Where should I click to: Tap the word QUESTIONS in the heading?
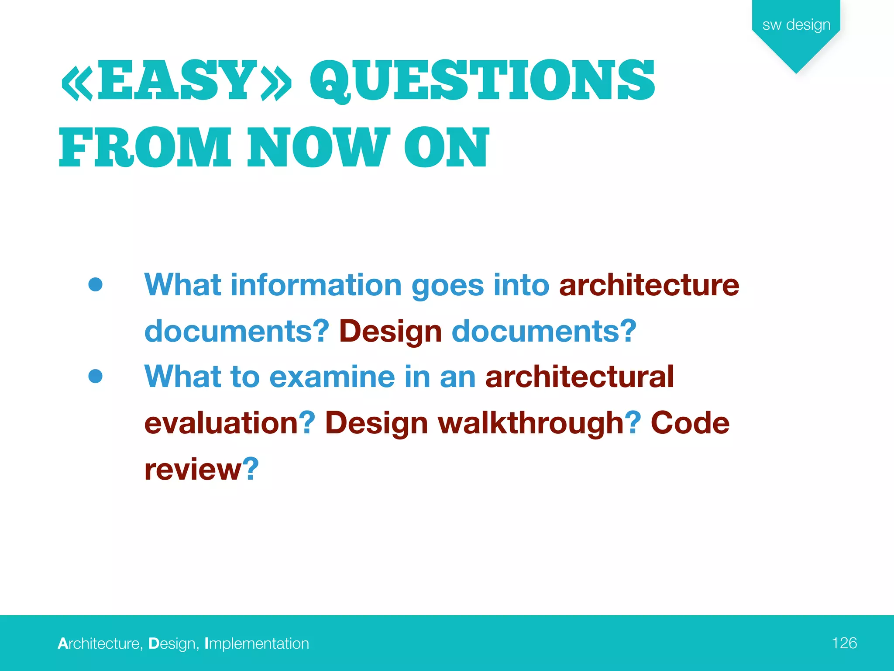tap(482, 81)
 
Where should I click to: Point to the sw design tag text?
tap(796, 24)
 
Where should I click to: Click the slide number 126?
tap(844, 643)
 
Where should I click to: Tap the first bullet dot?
tap(95, 284)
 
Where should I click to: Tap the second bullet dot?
tap(95, 376)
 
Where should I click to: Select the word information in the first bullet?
tap(316, 285)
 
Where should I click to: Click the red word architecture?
tap(649, 285)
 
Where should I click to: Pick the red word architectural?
tap(580, 377)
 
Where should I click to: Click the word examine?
tap(332, 377)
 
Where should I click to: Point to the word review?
tap(193, 469)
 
